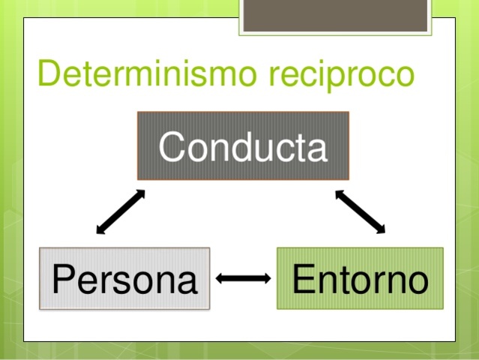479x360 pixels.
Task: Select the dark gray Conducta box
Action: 243,146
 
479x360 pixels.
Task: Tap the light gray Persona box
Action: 124,278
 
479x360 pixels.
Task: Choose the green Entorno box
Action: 360,278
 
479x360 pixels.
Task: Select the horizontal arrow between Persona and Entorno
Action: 244,279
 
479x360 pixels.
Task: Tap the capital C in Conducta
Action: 172,146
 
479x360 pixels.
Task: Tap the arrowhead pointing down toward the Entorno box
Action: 380,229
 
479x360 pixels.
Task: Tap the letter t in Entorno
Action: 342,279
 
